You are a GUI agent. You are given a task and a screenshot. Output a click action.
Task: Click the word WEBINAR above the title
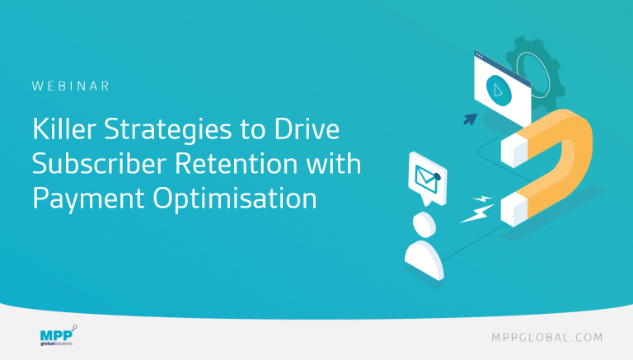coord(71,86)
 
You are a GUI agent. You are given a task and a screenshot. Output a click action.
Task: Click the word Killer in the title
coord(64,129)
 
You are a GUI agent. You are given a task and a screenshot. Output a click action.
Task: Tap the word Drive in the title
coord(307,129)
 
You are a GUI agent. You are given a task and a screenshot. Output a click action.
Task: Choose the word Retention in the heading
coord(237,163)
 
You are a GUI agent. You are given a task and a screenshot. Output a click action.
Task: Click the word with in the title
coord(334,163)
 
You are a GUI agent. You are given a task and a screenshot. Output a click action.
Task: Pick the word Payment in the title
coord(88,199)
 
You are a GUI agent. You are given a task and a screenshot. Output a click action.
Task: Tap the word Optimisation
coord(235,199)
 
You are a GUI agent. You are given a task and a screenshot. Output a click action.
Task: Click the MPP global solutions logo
coord(59,336)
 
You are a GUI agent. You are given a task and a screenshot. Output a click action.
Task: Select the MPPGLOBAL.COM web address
coord(547,338)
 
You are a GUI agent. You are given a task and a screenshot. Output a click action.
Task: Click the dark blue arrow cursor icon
coord(471,119)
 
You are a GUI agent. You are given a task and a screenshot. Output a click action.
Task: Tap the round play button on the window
coord(499,91)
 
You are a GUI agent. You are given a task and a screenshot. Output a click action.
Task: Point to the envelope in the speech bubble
coord(428,179)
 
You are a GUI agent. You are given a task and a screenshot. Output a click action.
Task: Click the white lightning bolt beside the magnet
coord(478,209)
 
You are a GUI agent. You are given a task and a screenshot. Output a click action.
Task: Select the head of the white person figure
coord(424,225)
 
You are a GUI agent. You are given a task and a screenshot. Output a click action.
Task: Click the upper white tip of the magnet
coord(514,150)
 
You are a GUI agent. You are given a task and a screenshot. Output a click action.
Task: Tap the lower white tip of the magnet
coord(514,209)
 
